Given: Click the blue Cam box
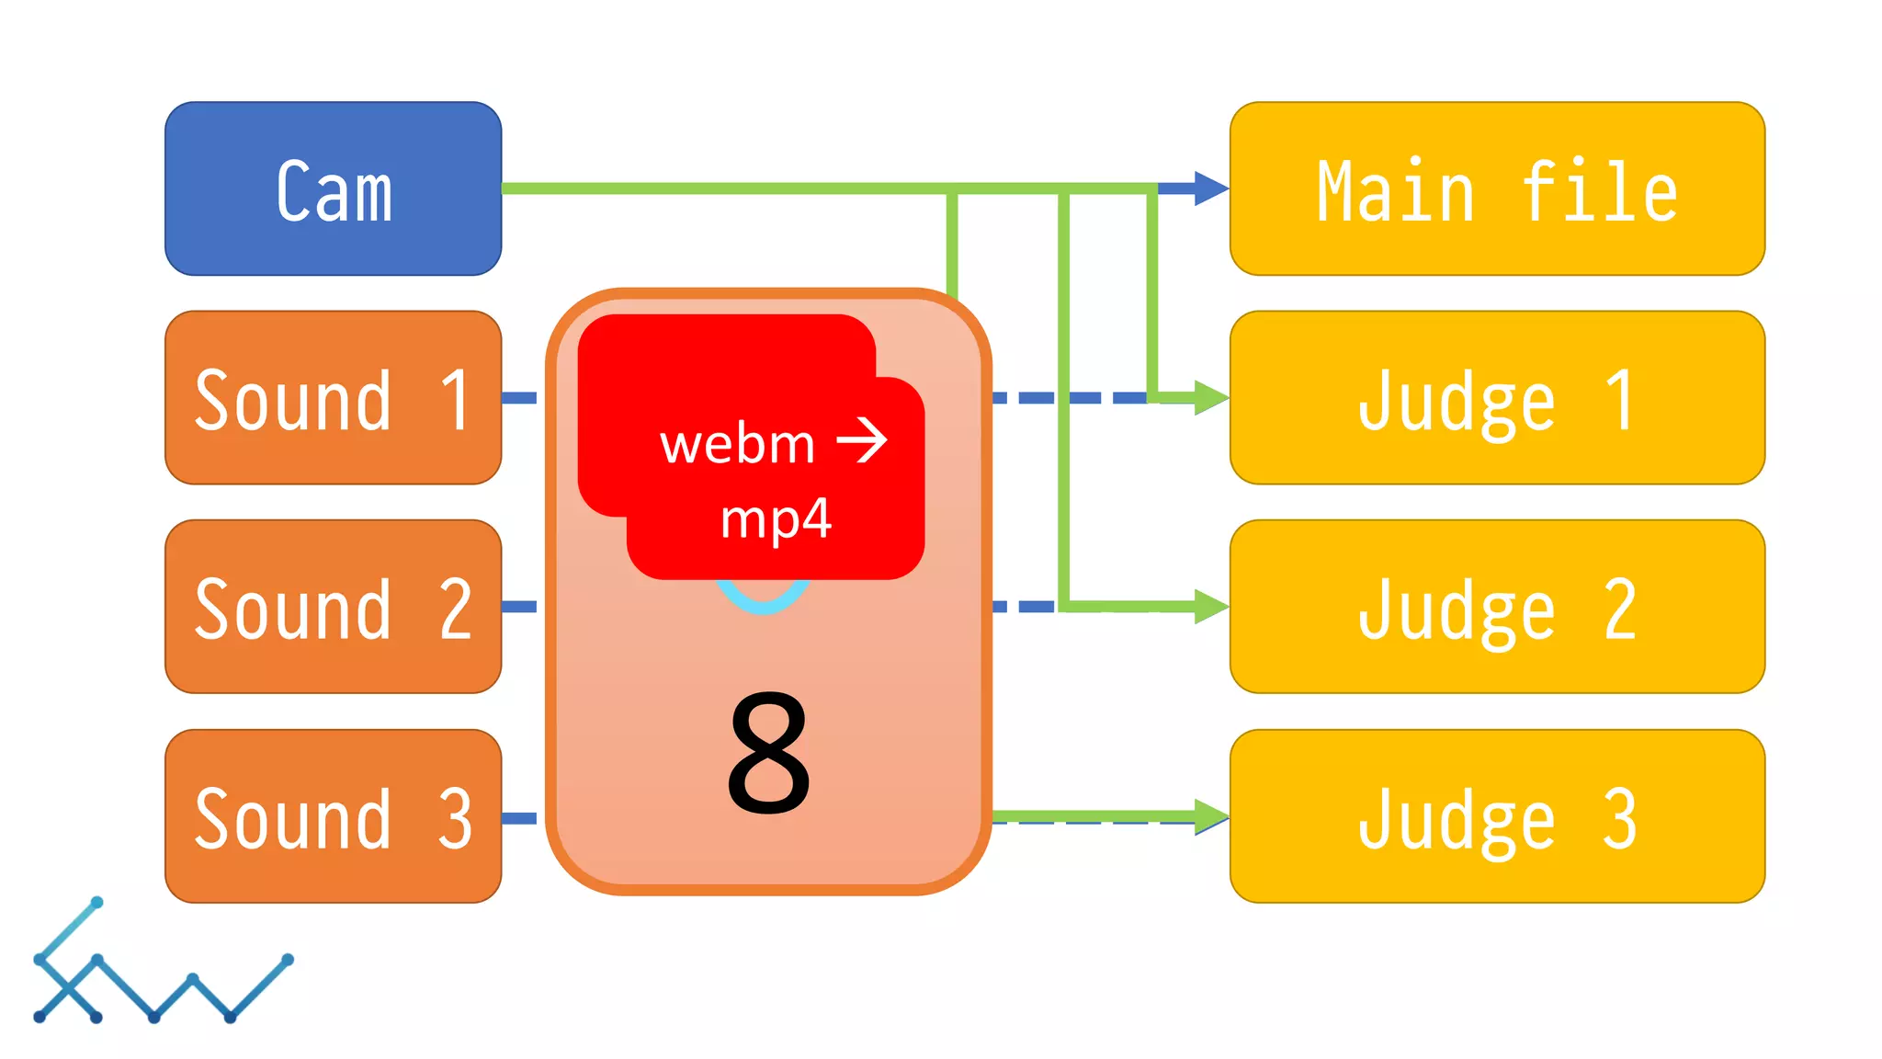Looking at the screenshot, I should [333, 188].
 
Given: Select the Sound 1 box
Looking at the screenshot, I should [333, 397].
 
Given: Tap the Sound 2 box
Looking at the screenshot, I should [333, 607].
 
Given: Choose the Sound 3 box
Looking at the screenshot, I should [333, 816].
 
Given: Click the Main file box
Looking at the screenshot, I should [1497, 188].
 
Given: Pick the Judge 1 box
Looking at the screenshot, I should [1497, 397].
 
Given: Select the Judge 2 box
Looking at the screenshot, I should [1497, 607].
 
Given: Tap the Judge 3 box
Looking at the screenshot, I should [1497, 816].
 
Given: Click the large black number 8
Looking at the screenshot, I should [768, 754].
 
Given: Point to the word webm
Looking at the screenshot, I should [737, 445].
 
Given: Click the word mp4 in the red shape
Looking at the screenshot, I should [776, 518].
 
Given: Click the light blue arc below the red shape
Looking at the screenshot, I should [763, 601].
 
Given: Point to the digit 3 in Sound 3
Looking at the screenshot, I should [455, 818].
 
